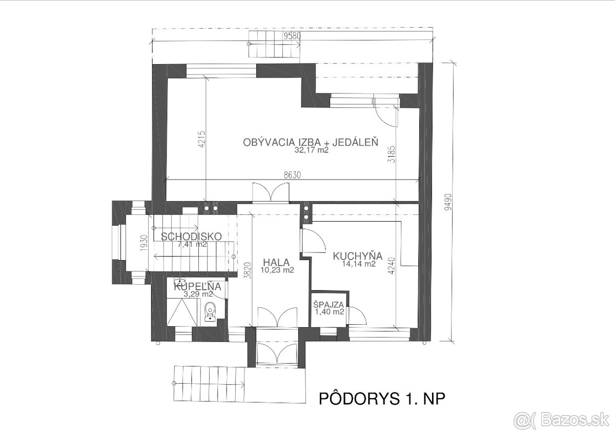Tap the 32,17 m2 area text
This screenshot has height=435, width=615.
[311, 151]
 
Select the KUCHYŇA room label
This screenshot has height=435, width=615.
[358, 255]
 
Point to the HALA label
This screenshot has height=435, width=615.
[277, 261]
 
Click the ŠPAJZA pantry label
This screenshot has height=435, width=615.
[329, 303]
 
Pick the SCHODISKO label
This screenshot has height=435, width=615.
[191, 236]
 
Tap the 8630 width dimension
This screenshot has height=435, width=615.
[293, 175]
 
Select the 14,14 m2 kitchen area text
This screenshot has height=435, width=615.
[359, 264]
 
